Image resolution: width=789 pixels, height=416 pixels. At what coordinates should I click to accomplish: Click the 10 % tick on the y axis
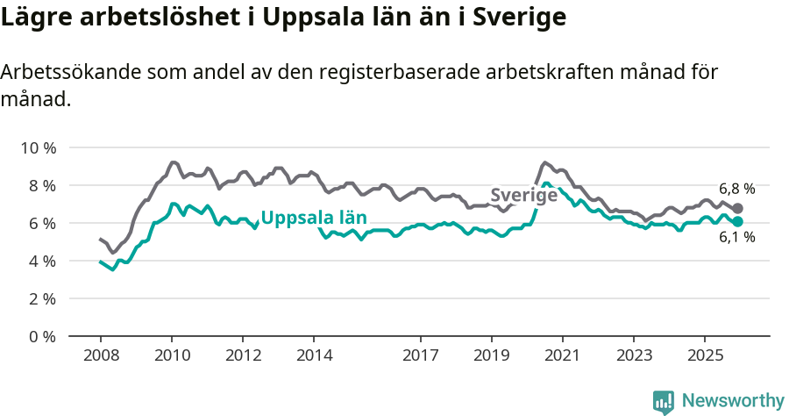(x=37, y=147)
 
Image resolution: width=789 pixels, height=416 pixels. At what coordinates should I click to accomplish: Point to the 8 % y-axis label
(x=40, y=185)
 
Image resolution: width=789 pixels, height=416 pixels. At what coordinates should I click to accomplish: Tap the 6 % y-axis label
(x=40, y=223)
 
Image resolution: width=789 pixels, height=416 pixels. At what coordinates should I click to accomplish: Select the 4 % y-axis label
(x=40, y=261)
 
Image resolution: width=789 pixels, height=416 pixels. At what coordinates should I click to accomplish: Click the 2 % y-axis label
(x=40, y=298)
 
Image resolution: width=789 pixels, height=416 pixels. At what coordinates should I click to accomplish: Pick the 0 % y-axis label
(x=40, y=336)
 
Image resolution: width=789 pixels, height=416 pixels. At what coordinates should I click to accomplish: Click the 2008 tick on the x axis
(x=100, y=355)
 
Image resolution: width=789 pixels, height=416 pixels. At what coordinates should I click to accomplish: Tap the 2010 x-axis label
(x=171, y=355)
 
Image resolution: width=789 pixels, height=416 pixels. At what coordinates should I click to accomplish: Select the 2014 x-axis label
(x=314, y=355)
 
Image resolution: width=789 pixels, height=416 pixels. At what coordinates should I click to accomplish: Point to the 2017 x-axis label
(x=420, y=355)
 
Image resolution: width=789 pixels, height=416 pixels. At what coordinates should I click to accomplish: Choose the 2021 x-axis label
(x=562, y=355)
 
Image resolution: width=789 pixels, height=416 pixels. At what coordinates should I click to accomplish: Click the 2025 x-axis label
(x=704, y=355)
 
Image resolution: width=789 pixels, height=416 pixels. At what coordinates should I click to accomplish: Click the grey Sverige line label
(x=523, y=196)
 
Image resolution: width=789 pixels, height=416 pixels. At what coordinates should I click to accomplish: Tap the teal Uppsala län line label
(x=314, y=218)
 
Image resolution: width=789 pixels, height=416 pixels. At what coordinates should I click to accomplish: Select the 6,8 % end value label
(x=736, y=189)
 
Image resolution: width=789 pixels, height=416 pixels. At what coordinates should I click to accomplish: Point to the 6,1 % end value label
(x=736, y=237)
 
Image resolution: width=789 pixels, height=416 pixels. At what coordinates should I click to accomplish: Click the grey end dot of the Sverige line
(x=737, y=208)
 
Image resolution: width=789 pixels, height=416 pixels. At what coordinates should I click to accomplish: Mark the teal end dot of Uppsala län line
(x=737, y=222)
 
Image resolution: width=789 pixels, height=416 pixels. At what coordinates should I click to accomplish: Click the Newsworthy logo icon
(x=664, y=401)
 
